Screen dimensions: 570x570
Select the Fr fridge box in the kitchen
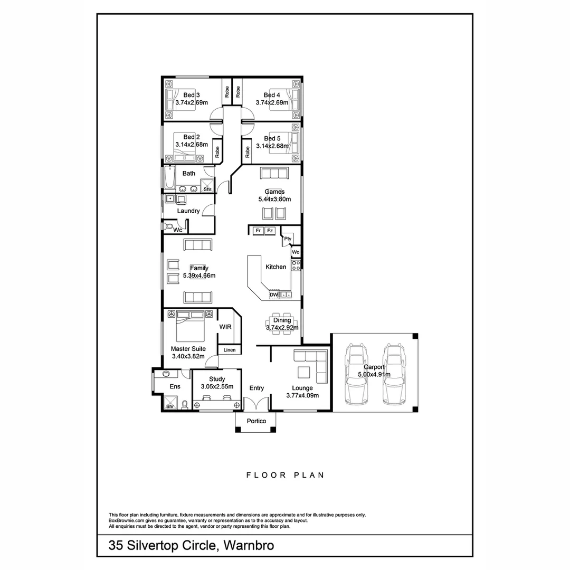[258, 231]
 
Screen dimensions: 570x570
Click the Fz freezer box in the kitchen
[270, 231]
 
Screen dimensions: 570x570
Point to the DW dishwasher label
[273, 295]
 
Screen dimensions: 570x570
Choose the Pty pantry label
[288, 239]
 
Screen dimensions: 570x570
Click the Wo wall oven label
[296, 252]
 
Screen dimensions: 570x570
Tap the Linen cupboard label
[230, 350]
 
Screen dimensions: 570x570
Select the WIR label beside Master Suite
[226, 327]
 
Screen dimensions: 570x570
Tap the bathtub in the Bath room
[169, 179]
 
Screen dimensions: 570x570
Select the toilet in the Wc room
[168, 227]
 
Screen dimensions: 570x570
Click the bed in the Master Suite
[190, 327]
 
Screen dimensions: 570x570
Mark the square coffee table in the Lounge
[303, 372]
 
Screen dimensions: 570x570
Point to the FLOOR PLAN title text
[285, 475]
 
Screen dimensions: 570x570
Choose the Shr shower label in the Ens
[170, 406]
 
